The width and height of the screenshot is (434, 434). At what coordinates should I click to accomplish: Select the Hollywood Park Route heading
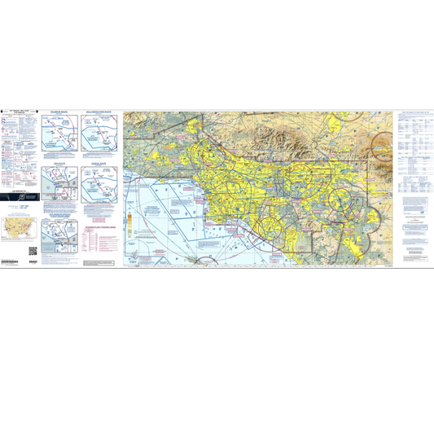pos(99,112)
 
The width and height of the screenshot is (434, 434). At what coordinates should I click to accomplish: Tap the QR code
pos(33,250)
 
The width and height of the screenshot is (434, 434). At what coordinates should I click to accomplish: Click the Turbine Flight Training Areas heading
pos(100,230)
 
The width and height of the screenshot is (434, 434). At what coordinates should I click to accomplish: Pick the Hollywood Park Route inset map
pos(99,135)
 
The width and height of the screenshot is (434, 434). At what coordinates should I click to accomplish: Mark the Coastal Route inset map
pos(99,186)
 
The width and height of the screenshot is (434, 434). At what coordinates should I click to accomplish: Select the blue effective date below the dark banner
pos(20,209)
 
